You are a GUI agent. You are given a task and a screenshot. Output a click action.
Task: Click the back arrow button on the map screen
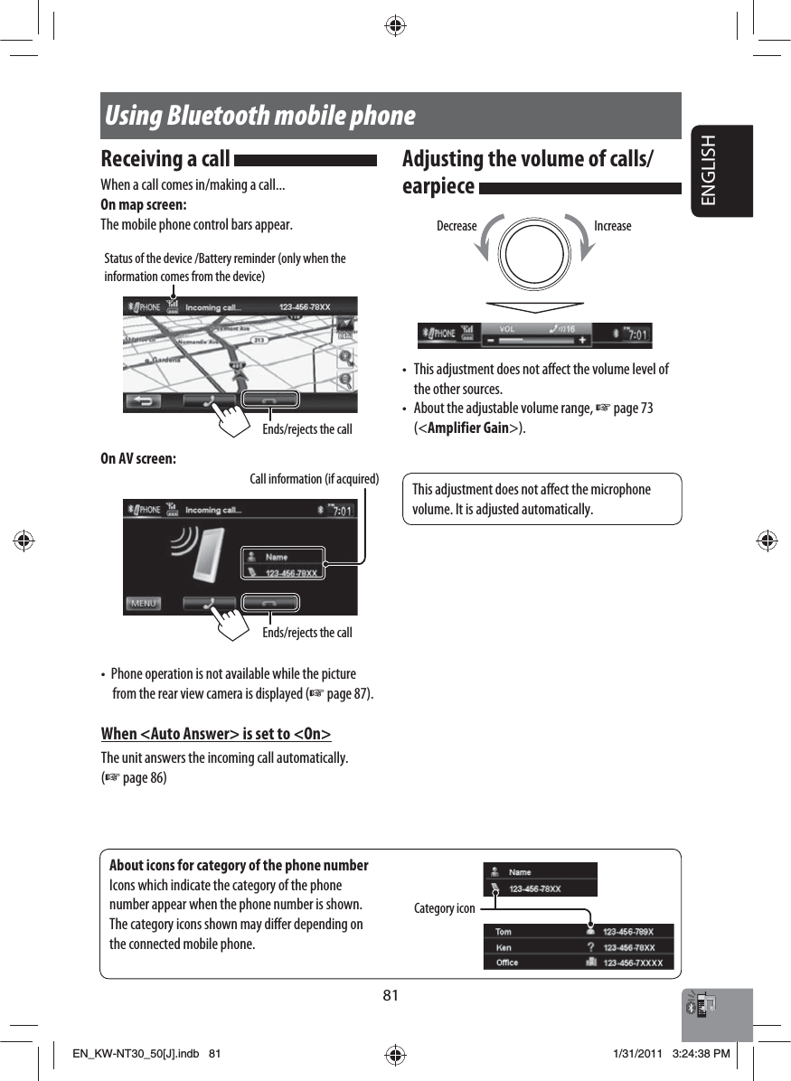(144, 400)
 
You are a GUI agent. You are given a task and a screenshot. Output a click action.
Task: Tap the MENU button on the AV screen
(144, 603)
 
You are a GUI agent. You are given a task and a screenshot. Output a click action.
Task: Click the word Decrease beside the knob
(457, 226)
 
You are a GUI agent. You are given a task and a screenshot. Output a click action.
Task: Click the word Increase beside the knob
(613, 226)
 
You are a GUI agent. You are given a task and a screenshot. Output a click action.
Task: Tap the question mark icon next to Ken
(590, 947)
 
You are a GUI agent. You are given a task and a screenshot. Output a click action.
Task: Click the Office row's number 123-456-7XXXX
(633, 963)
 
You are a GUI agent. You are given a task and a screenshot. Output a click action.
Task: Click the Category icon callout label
(444, 908)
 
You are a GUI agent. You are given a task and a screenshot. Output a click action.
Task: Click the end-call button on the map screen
(270, 400)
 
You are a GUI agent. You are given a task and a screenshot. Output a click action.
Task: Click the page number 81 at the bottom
(390, 996)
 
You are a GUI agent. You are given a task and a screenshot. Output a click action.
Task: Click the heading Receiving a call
(165, 159)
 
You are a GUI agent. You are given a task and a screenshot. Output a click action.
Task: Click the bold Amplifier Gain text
(469, 428)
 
